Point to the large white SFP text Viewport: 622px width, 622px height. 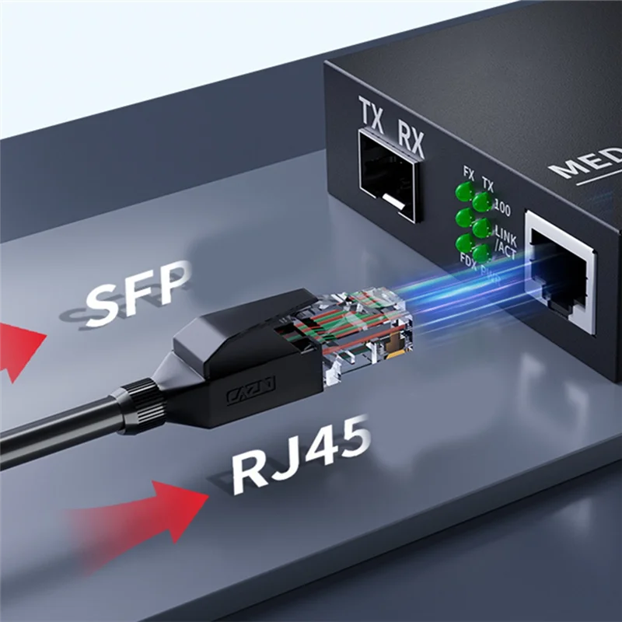coord(138,292)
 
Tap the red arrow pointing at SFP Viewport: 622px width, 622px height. coord(19,342)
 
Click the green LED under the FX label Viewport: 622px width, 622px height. coord(465,191)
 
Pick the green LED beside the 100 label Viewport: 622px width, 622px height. coord(482,203)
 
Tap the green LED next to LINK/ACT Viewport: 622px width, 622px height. coord(481,228)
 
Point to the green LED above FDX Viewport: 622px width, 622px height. coord(464,242)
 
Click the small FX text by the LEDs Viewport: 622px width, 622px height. coord(469,172)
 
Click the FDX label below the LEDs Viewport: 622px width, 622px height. coord(468,259)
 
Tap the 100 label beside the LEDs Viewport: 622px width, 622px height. coord(502,208)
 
